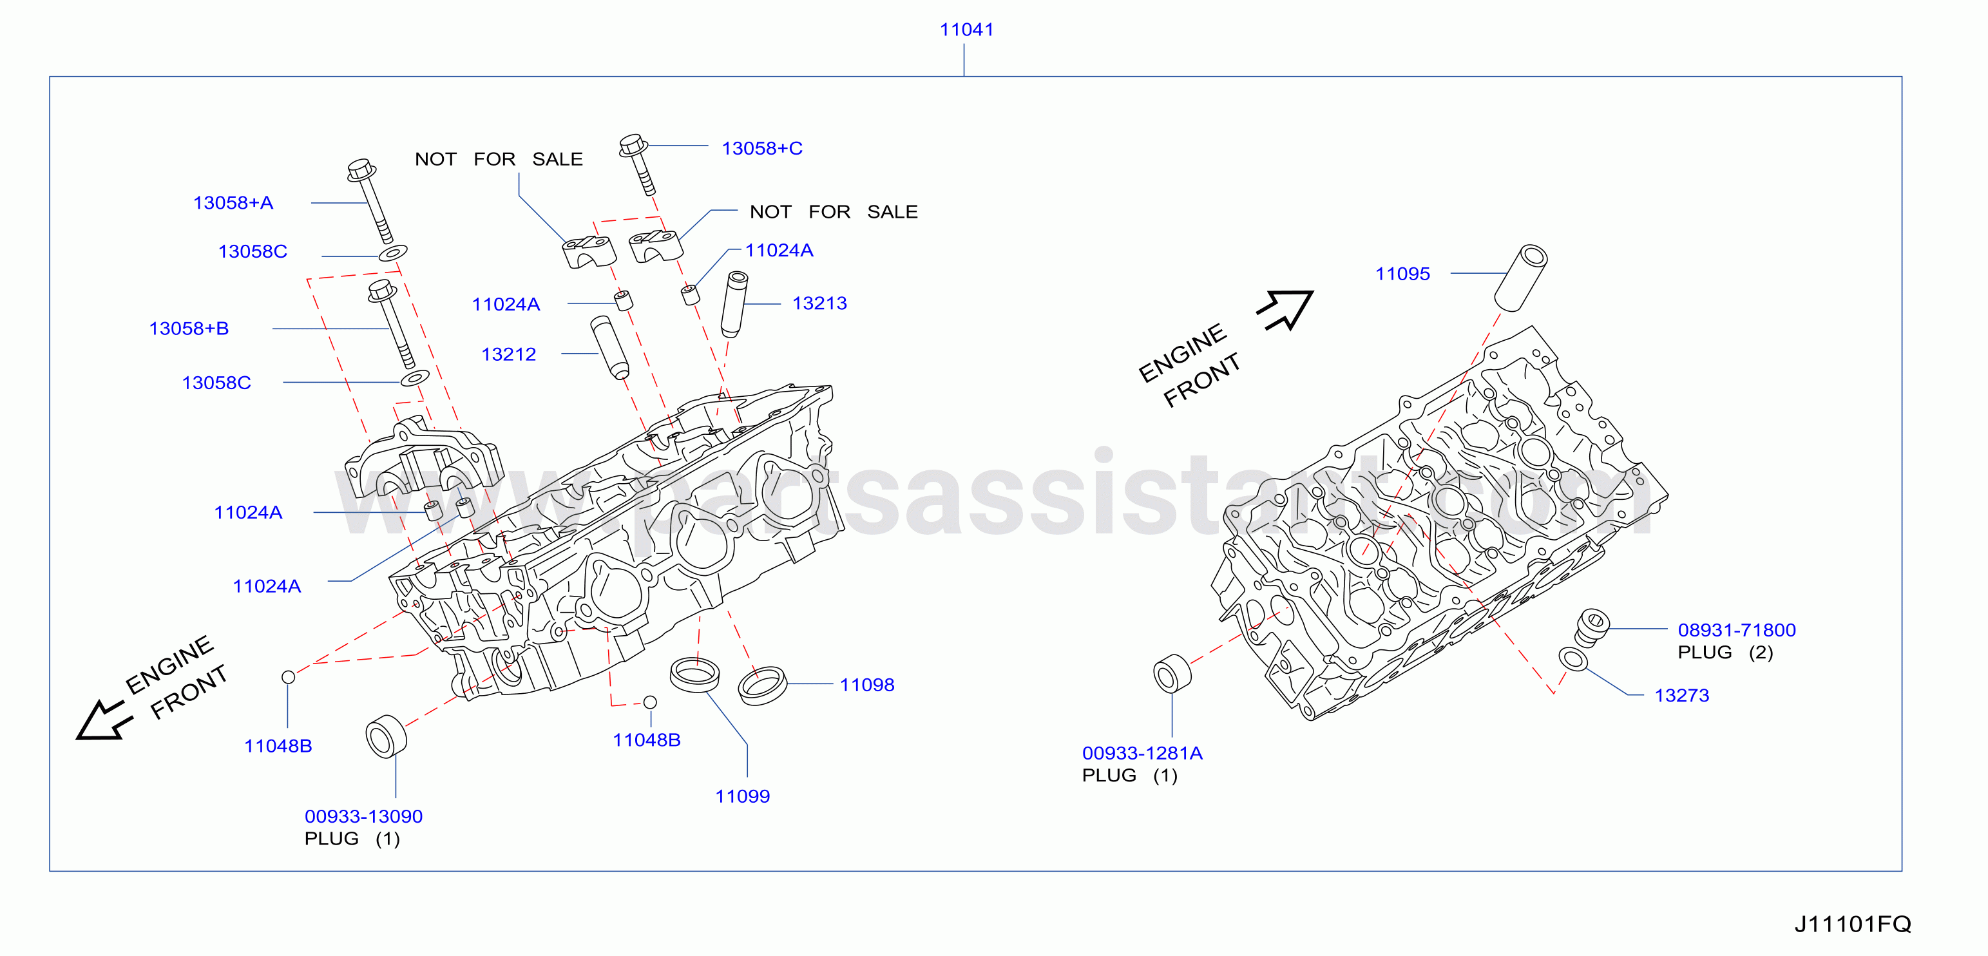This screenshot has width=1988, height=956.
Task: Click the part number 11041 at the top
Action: [x=966, y=30]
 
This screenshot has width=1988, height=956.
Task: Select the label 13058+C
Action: [x=761, y=148]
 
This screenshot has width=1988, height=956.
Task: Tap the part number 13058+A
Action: [x=233, y=203]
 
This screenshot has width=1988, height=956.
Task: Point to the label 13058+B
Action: [x=189, y=329]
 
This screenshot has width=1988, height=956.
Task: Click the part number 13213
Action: [x=819, y=303]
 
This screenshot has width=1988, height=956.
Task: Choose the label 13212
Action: [x=508, y=354]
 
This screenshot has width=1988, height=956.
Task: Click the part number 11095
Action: [x=1402, y=274]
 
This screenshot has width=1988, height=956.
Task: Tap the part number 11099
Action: [x=742, y=796]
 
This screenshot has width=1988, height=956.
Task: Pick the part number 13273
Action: [x=1681, y=696]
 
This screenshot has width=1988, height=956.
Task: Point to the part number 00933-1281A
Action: [x=1142, y=753]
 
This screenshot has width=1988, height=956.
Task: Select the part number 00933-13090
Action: [x=363, y=816]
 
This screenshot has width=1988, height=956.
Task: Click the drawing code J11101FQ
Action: [x=1852, y=924]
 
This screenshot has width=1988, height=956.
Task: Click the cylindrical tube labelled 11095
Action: [x=1520, y=278]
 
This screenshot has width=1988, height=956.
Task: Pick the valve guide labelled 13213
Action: [x=734, y=304]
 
